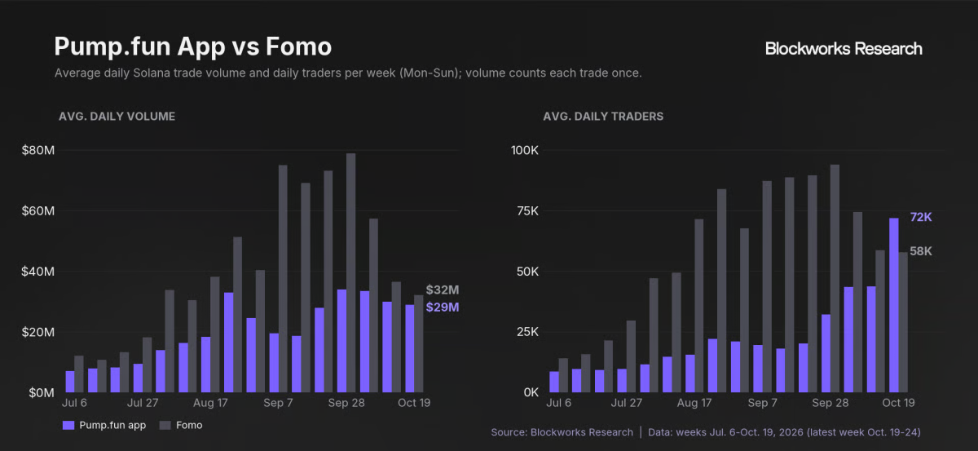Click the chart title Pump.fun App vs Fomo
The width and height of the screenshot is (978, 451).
193,46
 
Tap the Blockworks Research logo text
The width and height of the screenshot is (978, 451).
844,48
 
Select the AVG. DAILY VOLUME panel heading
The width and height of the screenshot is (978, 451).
117,117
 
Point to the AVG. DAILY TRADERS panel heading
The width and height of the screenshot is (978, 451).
603,117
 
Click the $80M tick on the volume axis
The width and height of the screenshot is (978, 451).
38,150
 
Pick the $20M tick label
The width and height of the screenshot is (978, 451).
38,332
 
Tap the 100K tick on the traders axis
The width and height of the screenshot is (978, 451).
525,150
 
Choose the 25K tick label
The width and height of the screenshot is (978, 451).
527,332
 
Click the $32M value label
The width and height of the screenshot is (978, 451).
443,290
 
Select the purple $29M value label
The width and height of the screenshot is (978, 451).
443,307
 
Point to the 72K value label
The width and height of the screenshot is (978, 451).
921,217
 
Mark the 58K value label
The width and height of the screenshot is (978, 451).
921,251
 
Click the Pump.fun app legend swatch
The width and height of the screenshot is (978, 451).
68,425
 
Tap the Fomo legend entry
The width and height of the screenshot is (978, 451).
181,425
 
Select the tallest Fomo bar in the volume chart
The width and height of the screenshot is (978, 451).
351,272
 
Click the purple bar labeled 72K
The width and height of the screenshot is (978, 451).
894,305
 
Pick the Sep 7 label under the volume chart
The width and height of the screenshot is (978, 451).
278,403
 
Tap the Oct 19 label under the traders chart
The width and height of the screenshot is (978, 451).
898,403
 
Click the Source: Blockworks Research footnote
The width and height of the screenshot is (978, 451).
562,432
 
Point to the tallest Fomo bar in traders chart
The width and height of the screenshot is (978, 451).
835,278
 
